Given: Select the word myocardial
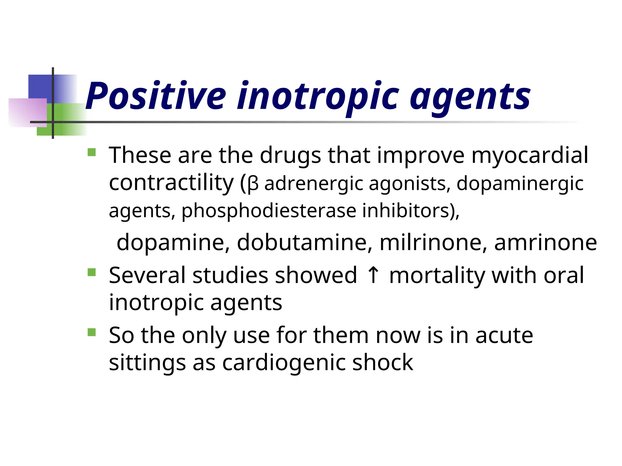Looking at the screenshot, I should coord(530,155).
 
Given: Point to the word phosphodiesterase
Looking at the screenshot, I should coord(269,211).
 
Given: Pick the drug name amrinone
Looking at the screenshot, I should coord(545,243).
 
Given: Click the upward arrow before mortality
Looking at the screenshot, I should coord(373,275).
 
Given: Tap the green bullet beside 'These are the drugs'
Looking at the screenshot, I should coord(91,152).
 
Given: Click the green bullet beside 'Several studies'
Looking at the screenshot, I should coord(91,272).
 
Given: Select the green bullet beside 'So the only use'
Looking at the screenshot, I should coord(91,332).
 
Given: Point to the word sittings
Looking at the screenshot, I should coord(147,363).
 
